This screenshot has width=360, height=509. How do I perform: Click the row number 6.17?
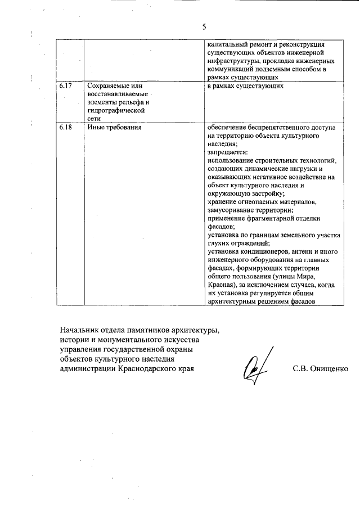[66, 85]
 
